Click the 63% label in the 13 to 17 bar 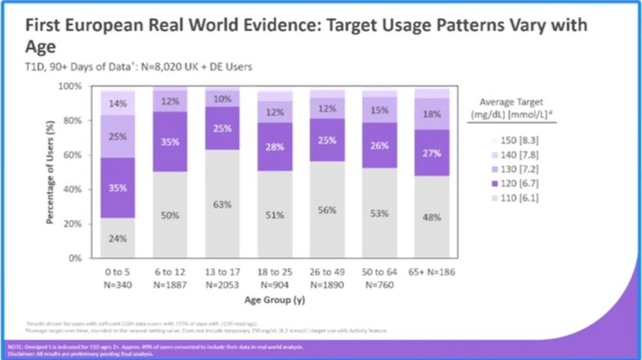[x=223, y=204]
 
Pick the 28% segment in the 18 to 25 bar [x=274, y=147]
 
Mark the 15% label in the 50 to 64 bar [x=379, y=110]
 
